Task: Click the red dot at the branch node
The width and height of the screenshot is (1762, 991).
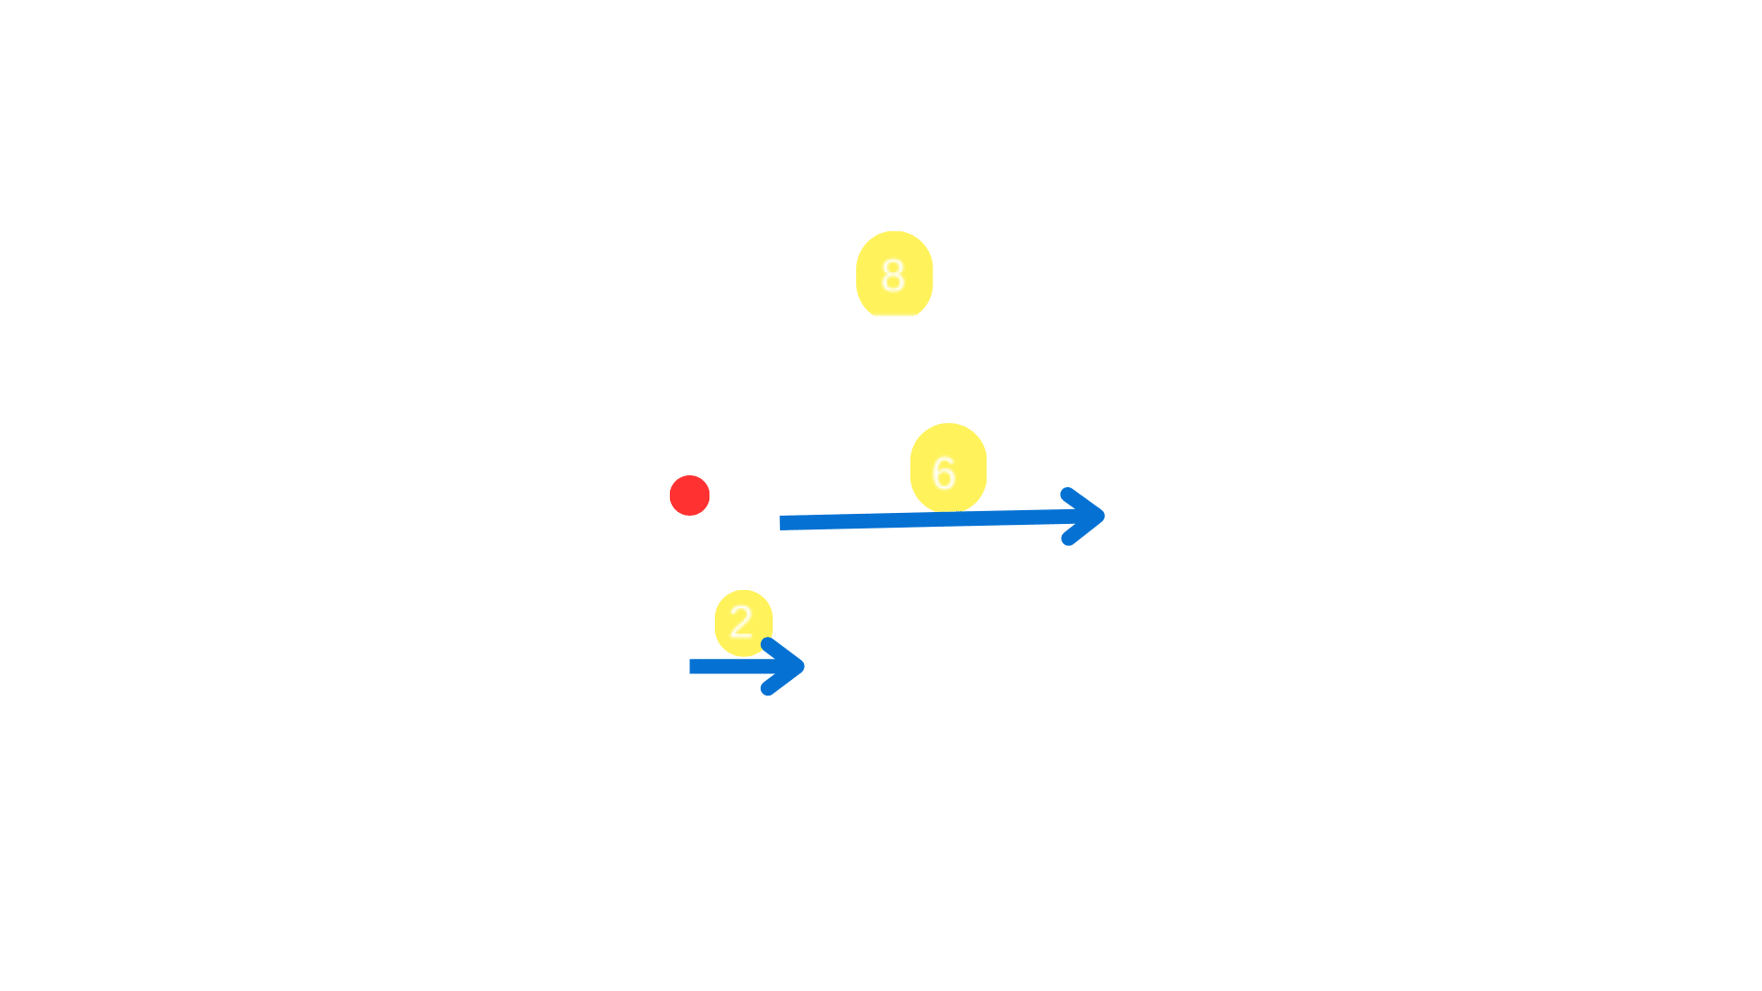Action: [x=689, y=495]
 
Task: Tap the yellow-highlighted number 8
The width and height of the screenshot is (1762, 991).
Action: [x=894, y=274]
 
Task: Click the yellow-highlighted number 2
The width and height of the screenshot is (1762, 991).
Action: [x=742, y=622]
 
